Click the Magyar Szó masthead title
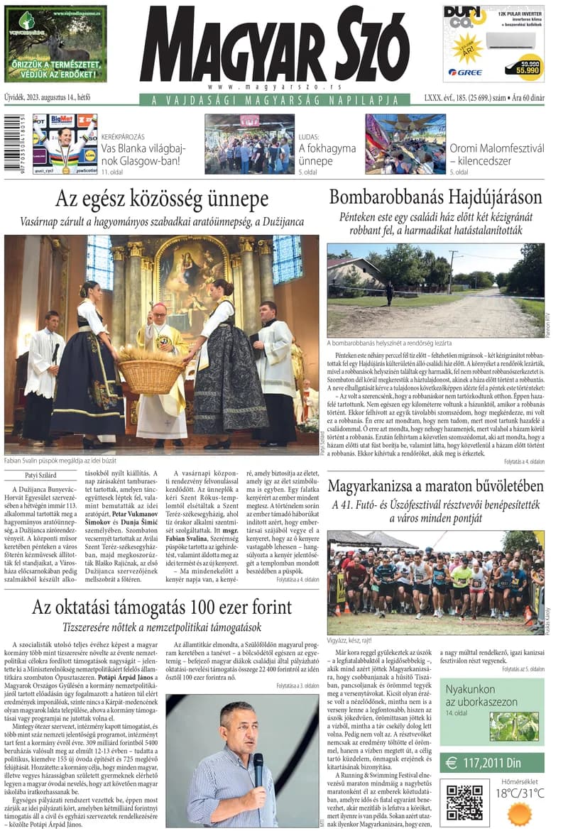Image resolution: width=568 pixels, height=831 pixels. click(x=273, y=48)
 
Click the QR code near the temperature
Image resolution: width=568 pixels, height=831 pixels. click(x=464, y=802)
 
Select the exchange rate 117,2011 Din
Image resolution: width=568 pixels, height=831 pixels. click(x=491, y=763)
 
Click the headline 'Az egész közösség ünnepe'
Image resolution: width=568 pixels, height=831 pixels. click(x=162, y=198)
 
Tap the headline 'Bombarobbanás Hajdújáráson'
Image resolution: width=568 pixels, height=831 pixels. click(x=435, y=197)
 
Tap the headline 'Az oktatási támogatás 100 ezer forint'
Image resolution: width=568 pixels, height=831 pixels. click(x=162, y=607)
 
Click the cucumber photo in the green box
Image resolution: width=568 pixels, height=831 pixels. click(x=515, y=727)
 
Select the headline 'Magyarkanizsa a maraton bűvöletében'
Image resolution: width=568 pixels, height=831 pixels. click(x=435, y=487)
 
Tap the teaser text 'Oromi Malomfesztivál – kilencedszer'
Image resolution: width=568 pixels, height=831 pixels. click(x=496, y=154)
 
